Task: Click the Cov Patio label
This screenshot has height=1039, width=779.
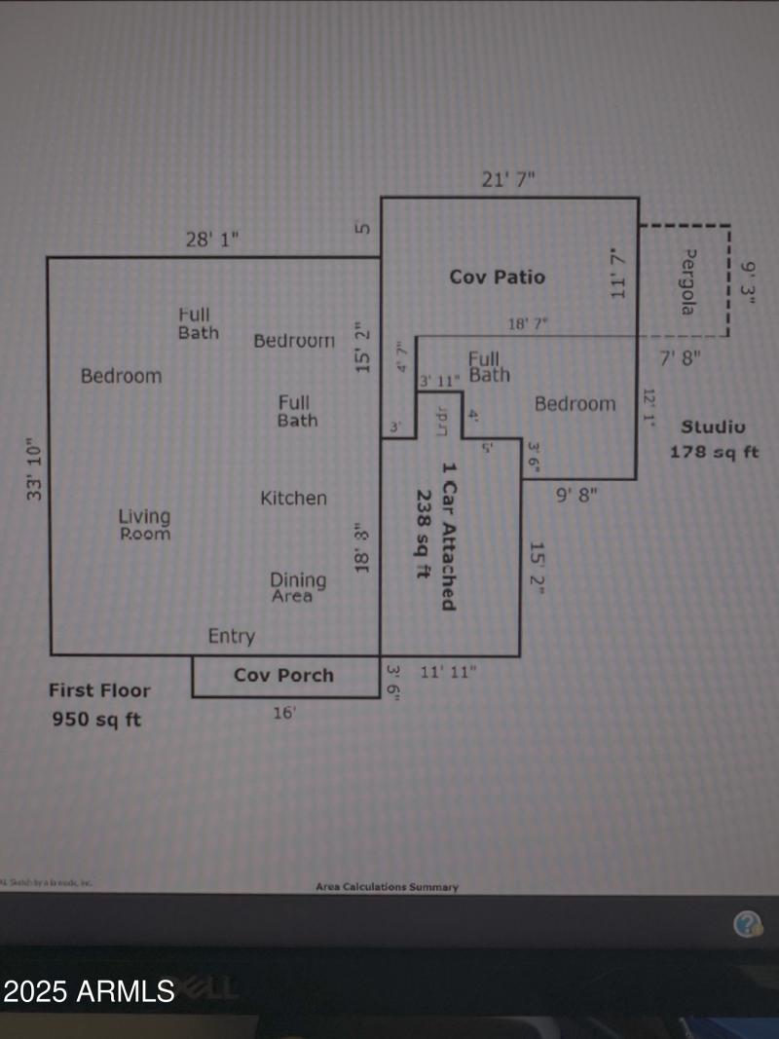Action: click(497, 277)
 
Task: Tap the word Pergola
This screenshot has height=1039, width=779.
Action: click(688, 281)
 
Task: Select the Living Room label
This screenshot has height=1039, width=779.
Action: click(144, 525)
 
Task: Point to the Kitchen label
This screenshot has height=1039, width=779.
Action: click(293, 498)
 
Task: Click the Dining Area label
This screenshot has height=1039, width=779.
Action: click(298, 587)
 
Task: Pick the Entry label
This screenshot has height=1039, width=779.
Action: click(231, 637)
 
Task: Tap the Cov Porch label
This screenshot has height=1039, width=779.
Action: click(283, 675)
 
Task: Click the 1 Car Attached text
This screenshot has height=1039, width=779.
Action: click(448, 536)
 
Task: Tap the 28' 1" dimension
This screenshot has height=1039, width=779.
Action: click(211, 239)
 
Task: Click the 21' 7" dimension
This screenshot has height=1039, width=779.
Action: click(508, 179)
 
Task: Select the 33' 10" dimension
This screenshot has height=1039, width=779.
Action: click(35, 468)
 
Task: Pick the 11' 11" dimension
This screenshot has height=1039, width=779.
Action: click(448, 672)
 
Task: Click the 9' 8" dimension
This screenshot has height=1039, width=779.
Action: click(576, 494)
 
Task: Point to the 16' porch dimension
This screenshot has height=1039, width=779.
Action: click(283, 713)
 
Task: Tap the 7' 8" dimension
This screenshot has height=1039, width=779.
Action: click(681, 357)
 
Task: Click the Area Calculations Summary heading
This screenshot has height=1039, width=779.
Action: click(387, 886)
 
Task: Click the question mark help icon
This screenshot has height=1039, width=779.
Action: click(748, 924)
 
